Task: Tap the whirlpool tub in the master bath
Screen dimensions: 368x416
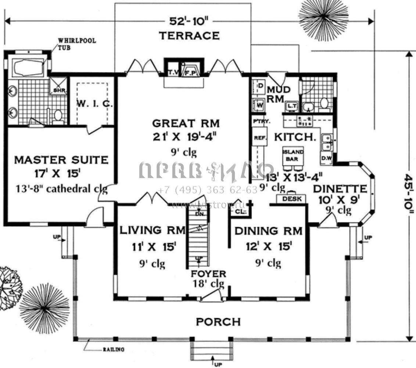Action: point(28,67)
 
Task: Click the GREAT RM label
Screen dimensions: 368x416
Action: point(186,123)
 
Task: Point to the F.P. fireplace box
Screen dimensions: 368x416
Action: point(191,73)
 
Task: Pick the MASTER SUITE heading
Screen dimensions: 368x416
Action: point(61,160)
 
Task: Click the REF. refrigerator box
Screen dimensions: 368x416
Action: point(258,139)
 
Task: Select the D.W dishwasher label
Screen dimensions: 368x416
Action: point(326,159)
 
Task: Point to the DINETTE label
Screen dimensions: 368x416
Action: point(340,189)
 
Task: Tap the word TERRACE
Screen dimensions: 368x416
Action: point(189,36)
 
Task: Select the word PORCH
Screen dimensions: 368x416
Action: point(218,322)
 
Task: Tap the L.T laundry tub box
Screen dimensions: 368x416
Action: point(292,106)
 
